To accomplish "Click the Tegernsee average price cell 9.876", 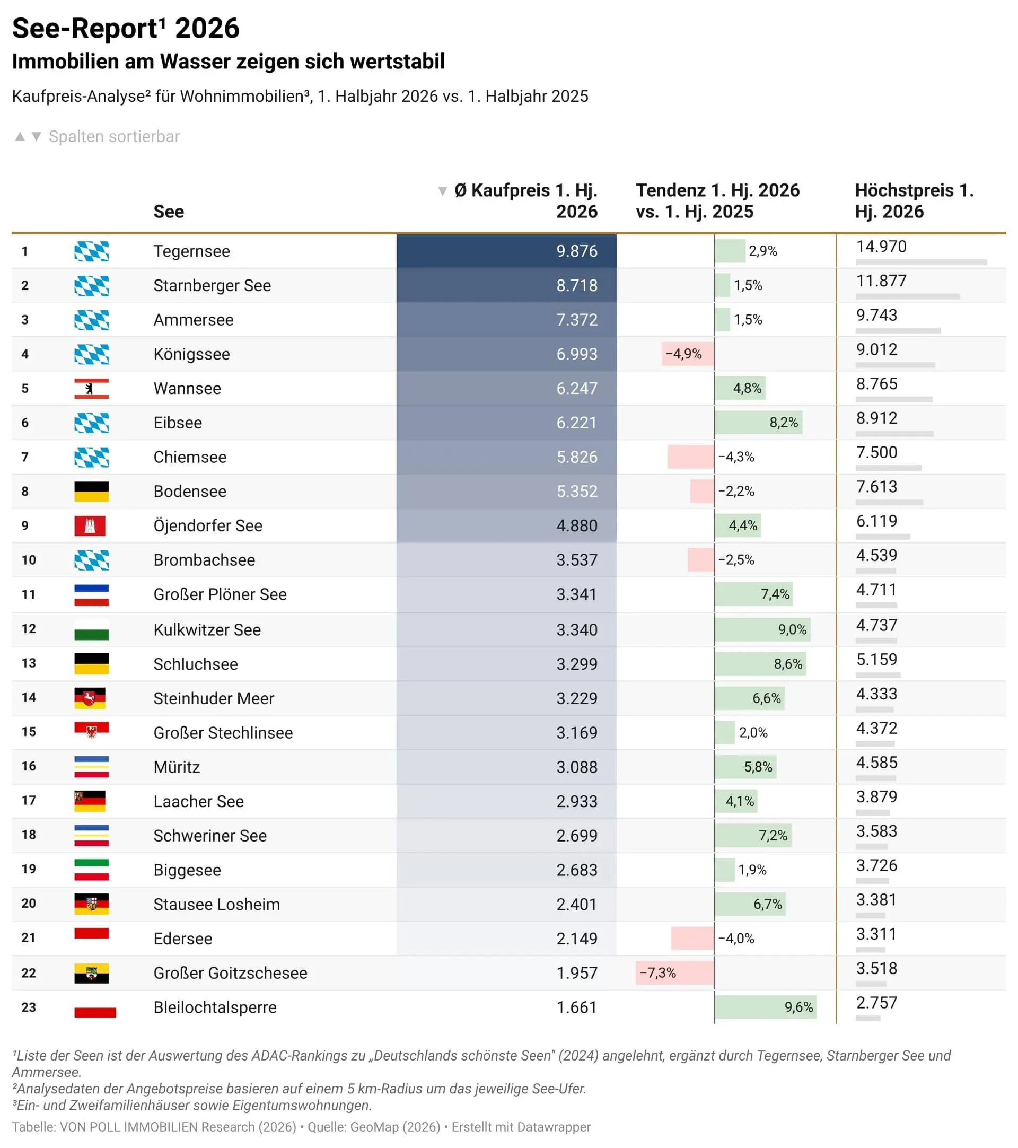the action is coord(577,251).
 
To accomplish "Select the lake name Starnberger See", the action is coord(212,285).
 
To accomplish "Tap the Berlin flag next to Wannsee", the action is coord(92,389).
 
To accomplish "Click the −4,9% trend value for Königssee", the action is coord(683,354).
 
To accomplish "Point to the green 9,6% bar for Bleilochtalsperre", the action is coord(765,1007).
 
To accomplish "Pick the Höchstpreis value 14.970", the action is coord(881,247).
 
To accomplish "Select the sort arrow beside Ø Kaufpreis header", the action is coord(443,191).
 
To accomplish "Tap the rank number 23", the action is coord(29,1007).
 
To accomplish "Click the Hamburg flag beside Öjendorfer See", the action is coord(90,525).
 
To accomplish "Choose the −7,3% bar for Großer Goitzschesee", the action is coord(675,973).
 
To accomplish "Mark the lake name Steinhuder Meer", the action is coord(213,698).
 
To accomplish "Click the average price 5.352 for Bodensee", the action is coord(577,492).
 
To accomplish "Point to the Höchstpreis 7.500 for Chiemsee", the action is coord(876,452).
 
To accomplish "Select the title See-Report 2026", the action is coord(126,28).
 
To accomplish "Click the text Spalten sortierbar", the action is coord(114,136).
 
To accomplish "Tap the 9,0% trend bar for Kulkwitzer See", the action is coord(762,629).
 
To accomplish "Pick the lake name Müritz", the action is coord(177,767).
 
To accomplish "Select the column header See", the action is coord(169,212).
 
